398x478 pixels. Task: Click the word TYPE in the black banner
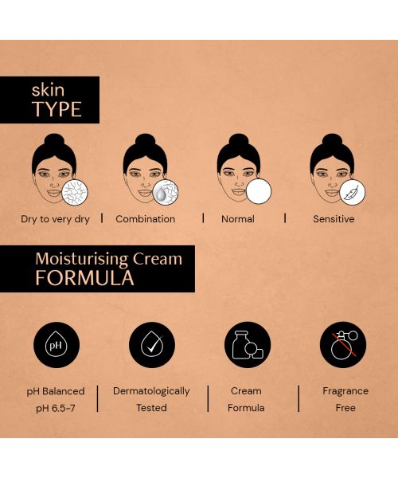57,109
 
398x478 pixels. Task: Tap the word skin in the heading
48,89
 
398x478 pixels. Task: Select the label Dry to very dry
55,219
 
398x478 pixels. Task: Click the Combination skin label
145,219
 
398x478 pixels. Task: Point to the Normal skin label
238,219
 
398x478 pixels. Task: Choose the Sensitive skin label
334,219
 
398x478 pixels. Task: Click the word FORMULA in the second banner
84,278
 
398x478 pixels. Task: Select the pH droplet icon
57,345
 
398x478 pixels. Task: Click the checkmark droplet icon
151,345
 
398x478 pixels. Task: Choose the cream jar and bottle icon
248,345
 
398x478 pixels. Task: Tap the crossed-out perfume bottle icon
343,345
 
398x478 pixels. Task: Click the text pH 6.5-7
54,408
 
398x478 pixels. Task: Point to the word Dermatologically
151,391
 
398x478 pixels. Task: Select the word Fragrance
345,391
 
